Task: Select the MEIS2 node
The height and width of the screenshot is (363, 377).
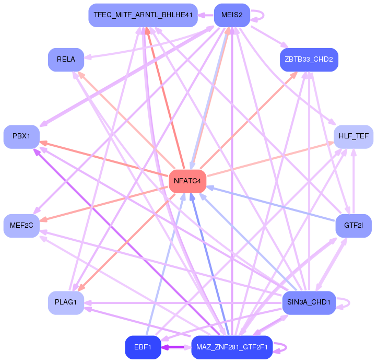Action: pos(232,15)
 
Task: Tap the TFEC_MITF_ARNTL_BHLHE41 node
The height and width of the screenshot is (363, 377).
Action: pos(142,15)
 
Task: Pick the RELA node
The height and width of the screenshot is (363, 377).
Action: pos(66,60)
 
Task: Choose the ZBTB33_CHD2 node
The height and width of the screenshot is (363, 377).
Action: pos(309,60)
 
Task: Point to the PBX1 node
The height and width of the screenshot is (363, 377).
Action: pos(21,136)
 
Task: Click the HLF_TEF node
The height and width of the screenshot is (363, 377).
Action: pos(354,136)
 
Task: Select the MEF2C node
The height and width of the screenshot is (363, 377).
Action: pos(21,226)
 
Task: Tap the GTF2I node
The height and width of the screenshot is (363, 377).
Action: pos(354,226)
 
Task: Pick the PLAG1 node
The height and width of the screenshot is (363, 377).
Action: pos(66,302)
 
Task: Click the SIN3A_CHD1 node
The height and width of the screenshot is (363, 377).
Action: pos(309,302)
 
